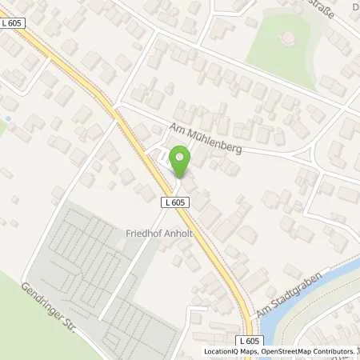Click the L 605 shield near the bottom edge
[x=250, y=341]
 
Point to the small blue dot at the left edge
[x=6, y=118]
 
